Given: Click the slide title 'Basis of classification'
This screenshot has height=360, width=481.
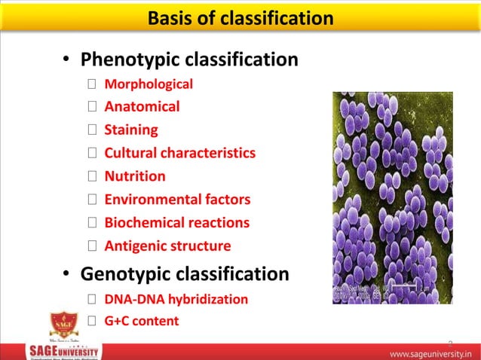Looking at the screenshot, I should point(240,17).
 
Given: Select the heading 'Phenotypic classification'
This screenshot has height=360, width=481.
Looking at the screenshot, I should point(188,59).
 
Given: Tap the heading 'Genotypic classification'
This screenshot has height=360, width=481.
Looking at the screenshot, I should point(184,274).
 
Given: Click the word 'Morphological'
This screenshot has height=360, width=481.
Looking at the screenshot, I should point(149,84).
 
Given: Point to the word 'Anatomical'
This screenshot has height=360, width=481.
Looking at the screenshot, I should point(142,107).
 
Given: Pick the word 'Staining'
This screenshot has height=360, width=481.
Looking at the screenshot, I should point(131,130).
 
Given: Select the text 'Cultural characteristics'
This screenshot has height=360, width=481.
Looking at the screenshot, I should point(179,153).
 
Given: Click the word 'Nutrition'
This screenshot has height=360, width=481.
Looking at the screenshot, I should point(135,176).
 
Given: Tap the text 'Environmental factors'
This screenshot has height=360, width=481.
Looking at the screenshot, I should point(177,200).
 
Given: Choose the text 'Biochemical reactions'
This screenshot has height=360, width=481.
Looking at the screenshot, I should point(176,223).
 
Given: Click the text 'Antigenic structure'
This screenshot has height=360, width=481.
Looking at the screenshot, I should point(167,246).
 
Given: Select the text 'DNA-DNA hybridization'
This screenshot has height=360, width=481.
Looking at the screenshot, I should point(176,299).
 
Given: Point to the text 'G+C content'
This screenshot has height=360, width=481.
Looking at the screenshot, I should point(142,322).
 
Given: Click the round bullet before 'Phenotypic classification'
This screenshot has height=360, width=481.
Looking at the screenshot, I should point(66,60).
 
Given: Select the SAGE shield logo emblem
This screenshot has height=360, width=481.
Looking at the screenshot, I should point(63,325).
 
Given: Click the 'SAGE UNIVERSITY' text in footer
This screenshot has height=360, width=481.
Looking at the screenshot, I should point(63,351).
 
